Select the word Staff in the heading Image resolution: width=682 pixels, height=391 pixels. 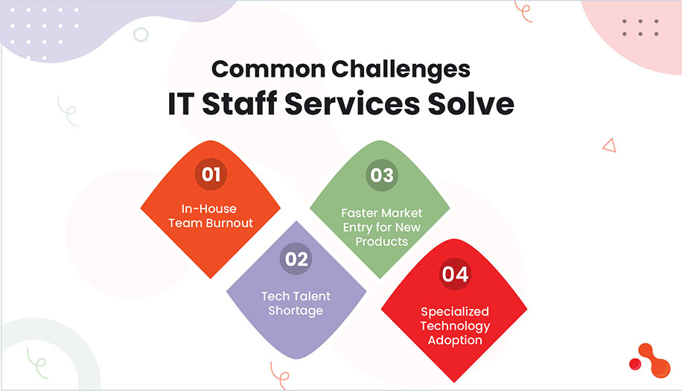point(250,104)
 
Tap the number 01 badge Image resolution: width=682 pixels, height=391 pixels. point(210,174)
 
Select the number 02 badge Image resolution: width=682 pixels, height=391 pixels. point(296,259)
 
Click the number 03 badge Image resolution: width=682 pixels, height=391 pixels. point(381,175)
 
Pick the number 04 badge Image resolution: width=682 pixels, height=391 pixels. point(455,274)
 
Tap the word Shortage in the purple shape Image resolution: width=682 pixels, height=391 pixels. point(296,310)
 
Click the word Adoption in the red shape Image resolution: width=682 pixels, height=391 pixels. point(454,340)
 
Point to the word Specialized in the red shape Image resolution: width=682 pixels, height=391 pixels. point(454,312)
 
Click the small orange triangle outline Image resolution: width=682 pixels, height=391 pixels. point(609,145)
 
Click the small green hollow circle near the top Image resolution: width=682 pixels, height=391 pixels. point(140,34)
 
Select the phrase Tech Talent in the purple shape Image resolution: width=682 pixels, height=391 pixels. point(296,296)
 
